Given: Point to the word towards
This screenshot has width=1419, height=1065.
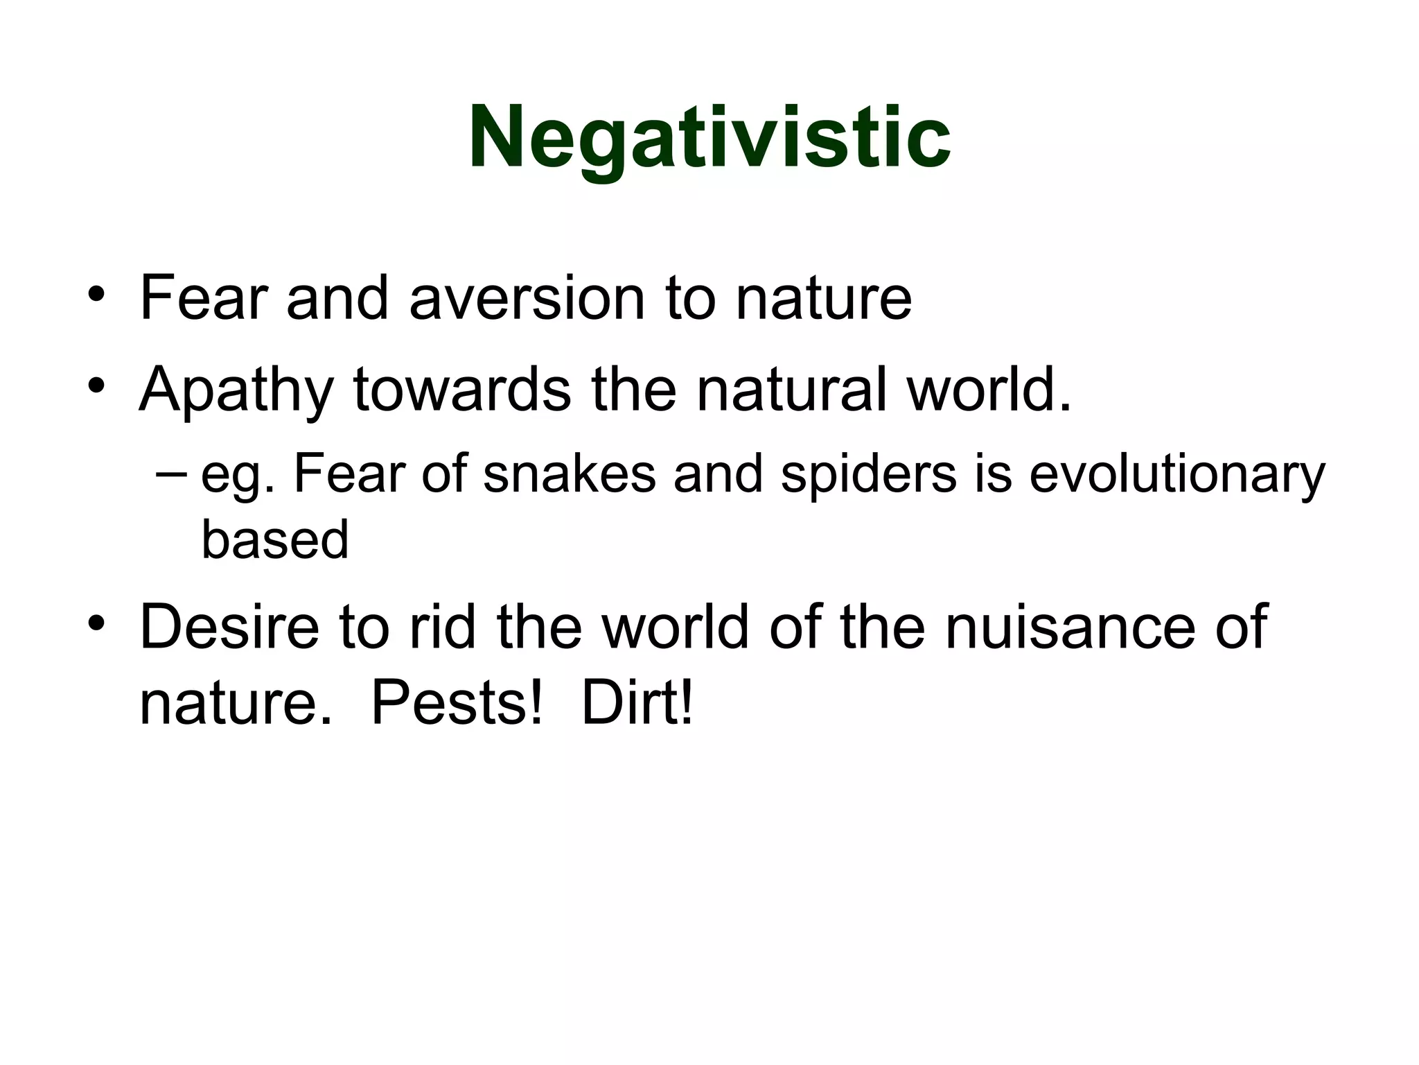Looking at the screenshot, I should tap(462, 390).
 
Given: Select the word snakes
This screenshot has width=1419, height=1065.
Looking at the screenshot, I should tap(569, 475).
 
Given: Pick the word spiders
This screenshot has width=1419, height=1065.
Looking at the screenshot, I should tap(868, 476).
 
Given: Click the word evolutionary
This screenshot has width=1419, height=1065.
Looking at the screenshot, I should tap(1176, 476).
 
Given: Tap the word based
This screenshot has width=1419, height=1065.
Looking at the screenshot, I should tap(274, 540).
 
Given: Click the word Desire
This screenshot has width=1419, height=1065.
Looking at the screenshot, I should tap(229, 627).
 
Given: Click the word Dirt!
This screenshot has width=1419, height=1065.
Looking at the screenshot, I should tap(636, 704).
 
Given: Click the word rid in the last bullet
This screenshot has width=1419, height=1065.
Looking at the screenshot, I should tap(442, 627).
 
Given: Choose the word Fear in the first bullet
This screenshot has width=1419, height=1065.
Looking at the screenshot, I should tap(203, 299).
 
